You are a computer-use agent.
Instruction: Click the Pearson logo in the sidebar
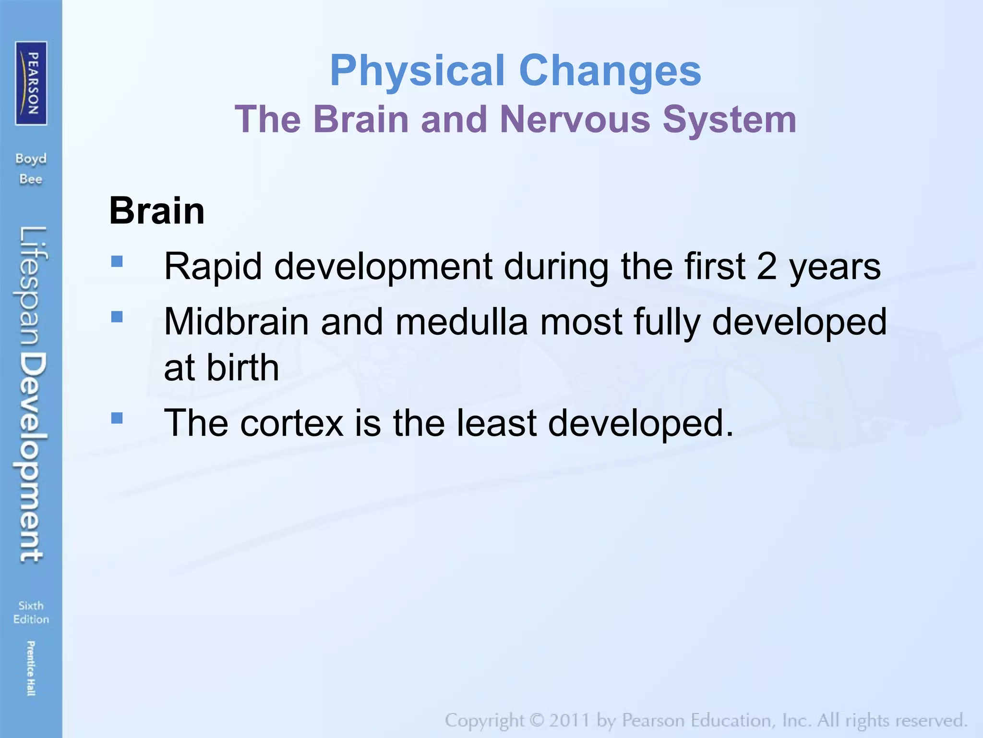31,83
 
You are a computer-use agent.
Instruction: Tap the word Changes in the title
610,71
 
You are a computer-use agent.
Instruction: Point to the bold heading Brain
157,211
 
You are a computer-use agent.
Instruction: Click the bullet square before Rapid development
117,261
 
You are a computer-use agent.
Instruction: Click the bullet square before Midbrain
117,317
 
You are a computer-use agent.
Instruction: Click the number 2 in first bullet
767,267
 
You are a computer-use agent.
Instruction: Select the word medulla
461,322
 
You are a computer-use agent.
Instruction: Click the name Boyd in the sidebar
31,159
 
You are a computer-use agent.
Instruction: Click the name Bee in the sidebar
31,179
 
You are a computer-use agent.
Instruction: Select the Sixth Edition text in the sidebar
31,612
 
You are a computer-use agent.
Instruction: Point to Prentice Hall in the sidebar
31,668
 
